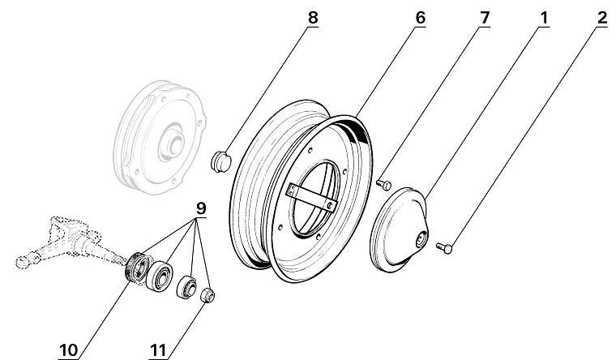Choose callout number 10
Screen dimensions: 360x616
click(x=68, y=349)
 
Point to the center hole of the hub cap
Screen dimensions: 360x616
click(x=420, y=239)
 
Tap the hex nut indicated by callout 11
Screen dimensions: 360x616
click(x=206, y=294)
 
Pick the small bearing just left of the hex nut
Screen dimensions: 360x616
click(x=187, y=286)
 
